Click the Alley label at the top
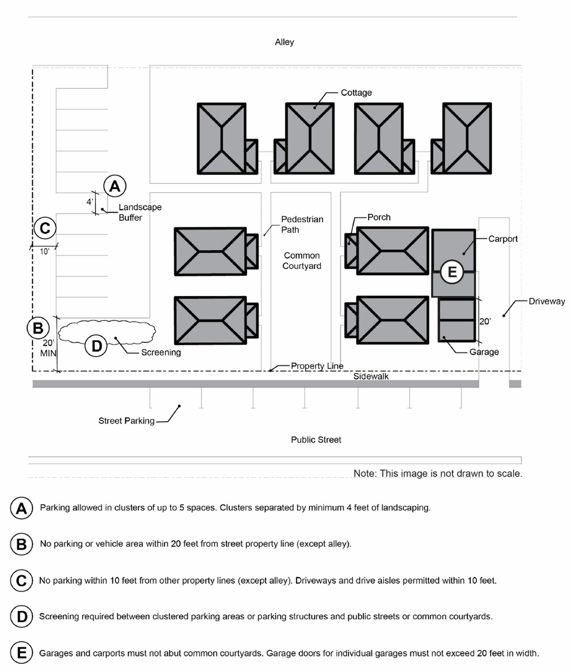click(284, 42)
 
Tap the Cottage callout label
click(356, 92)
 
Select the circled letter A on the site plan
click(115, 186)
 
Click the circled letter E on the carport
click(452, 272)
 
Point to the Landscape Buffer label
click(140, 212)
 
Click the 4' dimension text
click(90, 201)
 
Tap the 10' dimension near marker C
click(44, 252)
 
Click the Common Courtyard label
click(302, 260)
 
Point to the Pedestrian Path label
click(302, 224)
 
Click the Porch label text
click(379, 217)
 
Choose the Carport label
click(502, 239)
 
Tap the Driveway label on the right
click(547, 301)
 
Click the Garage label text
click(484, 352)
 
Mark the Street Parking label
click(126, 420)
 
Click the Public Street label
click(316, 440)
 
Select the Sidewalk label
click(371, 376)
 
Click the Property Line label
click(317, 366)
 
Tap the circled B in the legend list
click(21, 544)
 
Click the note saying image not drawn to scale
click(438, 473)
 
